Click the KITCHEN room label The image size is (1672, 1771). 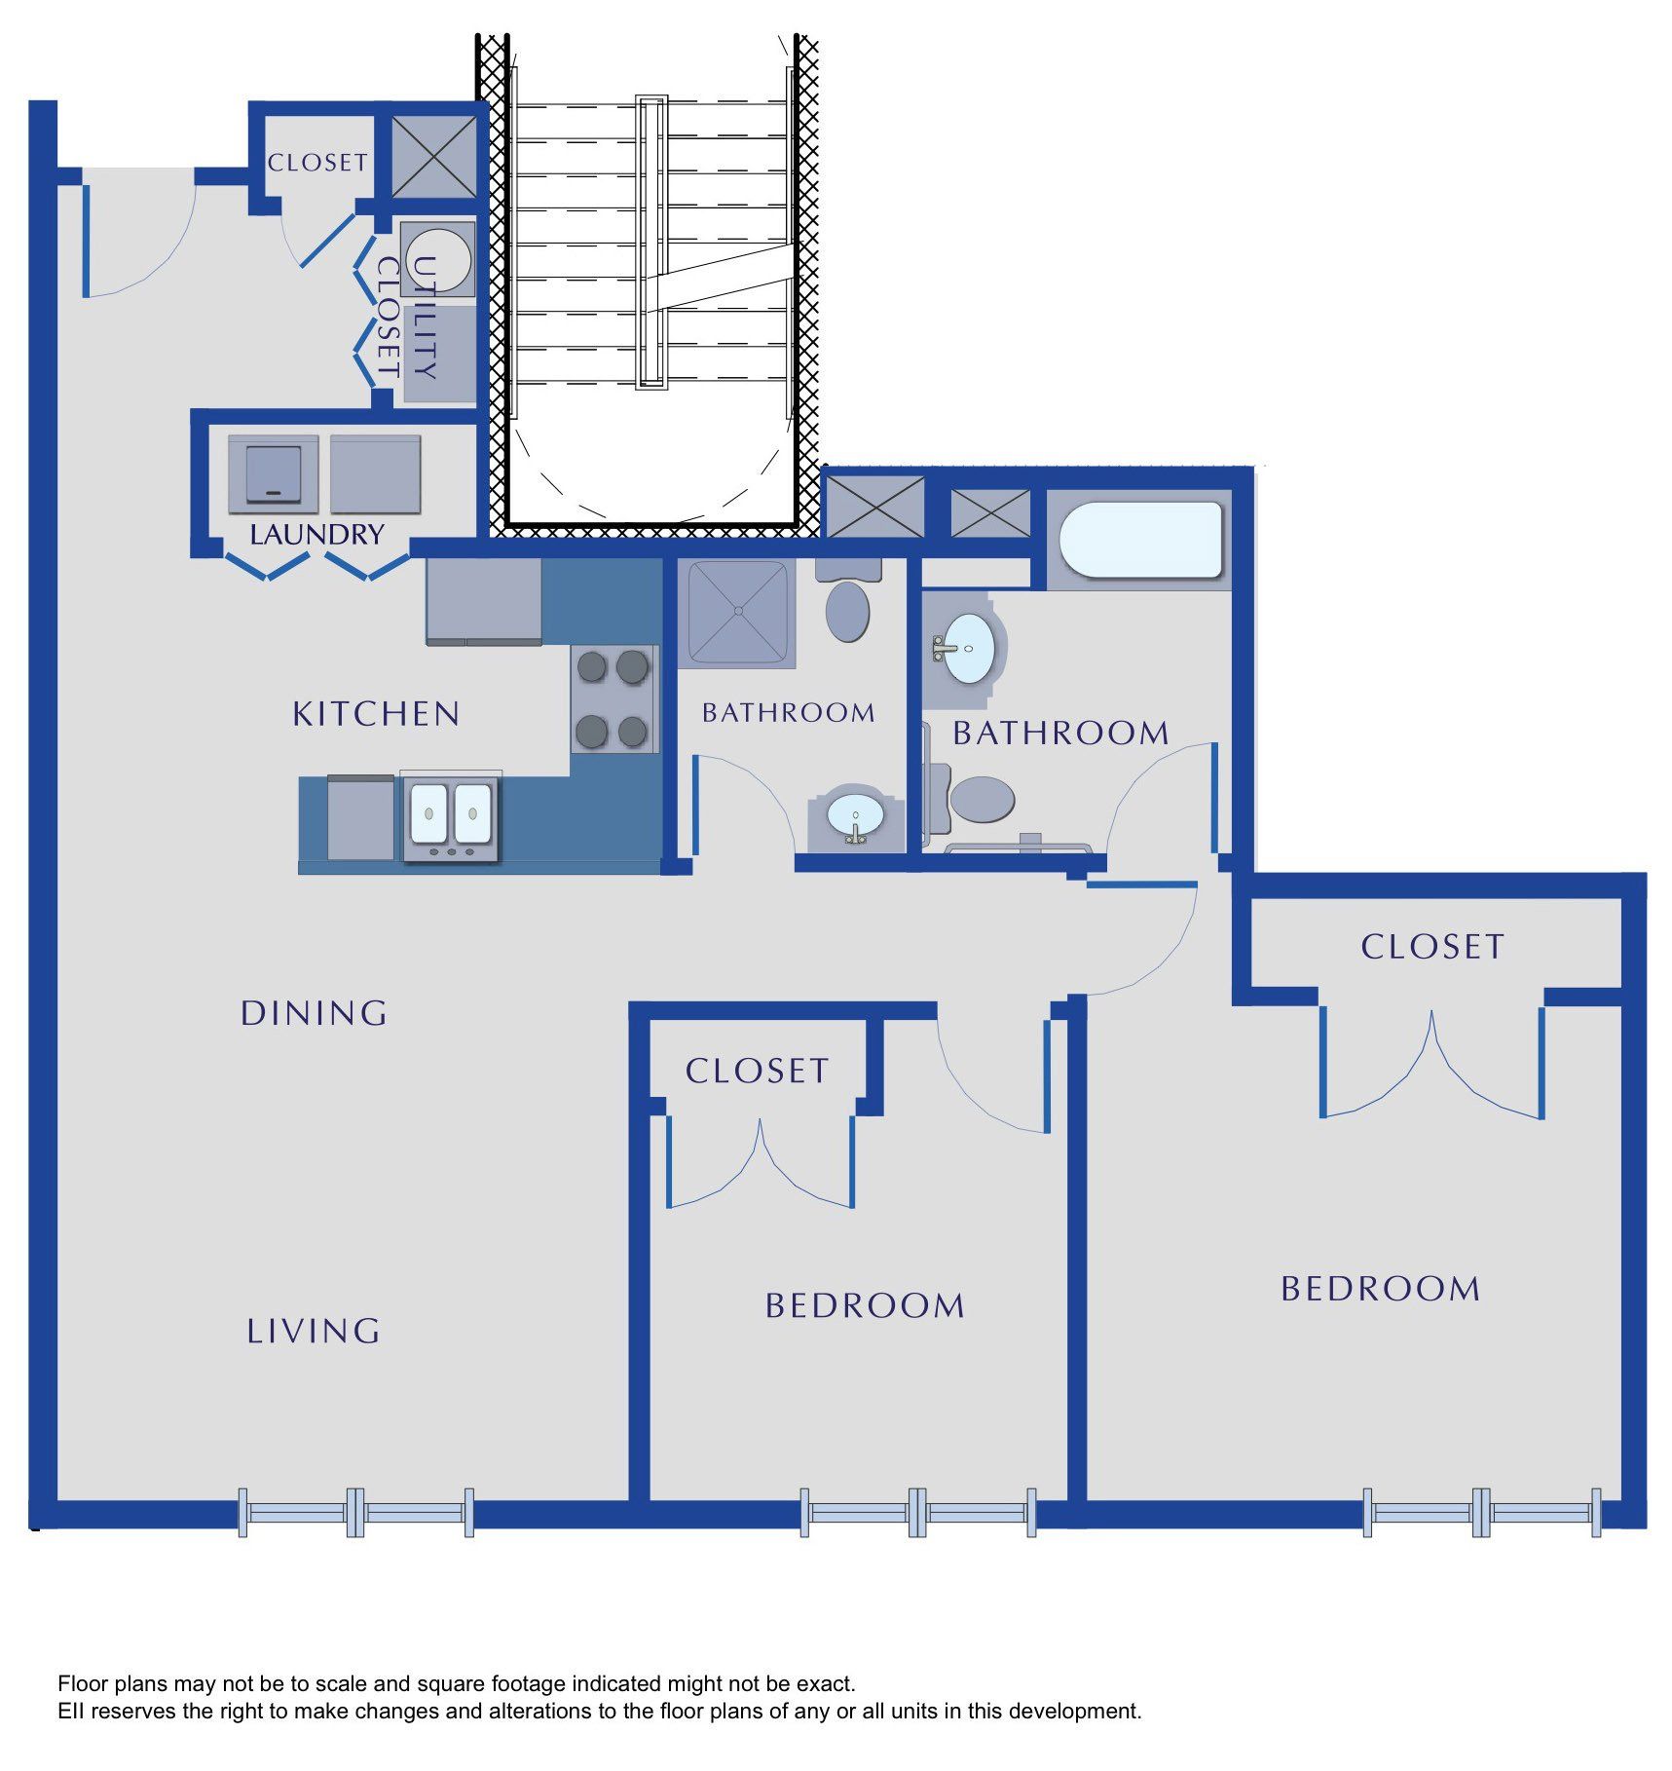(376, 714)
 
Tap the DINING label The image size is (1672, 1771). (314, 1013)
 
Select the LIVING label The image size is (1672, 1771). (313, 1331)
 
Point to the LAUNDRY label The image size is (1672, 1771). (316, 535)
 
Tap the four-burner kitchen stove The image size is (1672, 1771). (613, 698)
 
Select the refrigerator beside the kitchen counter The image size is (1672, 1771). (484, 601)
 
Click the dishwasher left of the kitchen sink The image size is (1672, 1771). (360, 818)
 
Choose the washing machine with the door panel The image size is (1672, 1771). (274, 474)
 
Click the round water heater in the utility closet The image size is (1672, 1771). (437, 259)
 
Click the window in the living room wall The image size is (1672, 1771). (356, 1513)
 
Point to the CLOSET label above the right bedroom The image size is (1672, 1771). (1432, 947)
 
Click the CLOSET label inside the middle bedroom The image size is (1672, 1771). (757, 1072)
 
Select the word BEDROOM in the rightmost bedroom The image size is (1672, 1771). (1381, 1289)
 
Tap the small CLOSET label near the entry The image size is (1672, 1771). (317, 163)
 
